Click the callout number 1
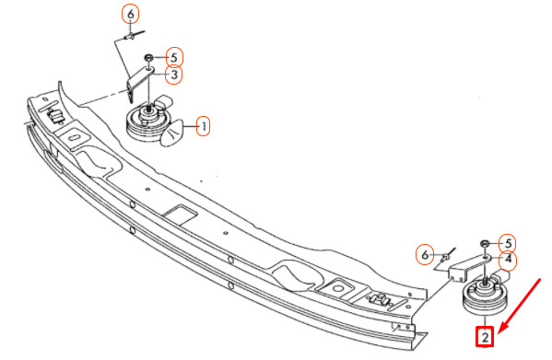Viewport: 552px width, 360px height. point(203,126)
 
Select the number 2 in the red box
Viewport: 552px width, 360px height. point(485,337)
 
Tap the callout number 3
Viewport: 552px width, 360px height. point(174,75)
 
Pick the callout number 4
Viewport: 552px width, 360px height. point(508,260)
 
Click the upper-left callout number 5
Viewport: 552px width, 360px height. point(173,57)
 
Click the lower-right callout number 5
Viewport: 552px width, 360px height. point(508,243)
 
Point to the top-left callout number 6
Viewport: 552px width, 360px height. point(131,15)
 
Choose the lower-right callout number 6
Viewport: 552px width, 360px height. point(425,255)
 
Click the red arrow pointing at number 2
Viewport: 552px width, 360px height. point(519,306)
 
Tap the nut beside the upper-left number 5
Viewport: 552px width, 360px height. point(148,57)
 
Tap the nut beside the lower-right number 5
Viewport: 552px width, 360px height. point(485,243)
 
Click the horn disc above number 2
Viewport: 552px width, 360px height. point(484,296)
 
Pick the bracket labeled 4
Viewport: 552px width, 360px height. point(466,268)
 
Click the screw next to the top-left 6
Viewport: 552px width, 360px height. point(134,34)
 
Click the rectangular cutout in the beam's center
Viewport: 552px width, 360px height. point(180,215)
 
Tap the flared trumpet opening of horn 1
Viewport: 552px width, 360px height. point(173,133)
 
